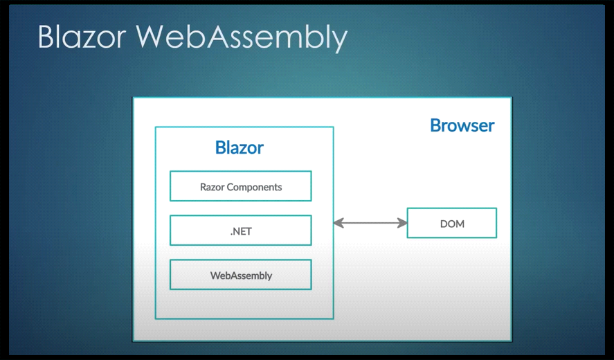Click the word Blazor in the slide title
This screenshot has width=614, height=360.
coord(82,37)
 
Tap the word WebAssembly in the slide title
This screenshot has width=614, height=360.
coord(241,38)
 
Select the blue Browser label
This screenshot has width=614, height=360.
coord(462,125)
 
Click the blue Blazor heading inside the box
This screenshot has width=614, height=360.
coord(240,147)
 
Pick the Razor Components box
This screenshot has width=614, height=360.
coord(241,186)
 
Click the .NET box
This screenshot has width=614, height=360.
coord(241,231)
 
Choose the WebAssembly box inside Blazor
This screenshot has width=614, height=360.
coord(241,275)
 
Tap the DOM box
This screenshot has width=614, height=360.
coord(452,223)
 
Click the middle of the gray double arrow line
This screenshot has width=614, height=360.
coord(370,224)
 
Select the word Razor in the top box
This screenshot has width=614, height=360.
coord(213,187)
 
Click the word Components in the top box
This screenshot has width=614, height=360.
coord(255,188)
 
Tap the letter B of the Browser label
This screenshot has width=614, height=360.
coord(435,125)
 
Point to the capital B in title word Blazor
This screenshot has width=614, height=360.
coord(46,37)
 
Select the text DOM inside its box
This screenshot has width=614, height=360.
coord(452,224)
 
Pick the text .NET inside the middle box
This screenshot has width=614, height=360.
coord(241,231)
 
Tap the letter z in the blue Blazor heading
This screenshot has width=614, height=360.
coord(240,150)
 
